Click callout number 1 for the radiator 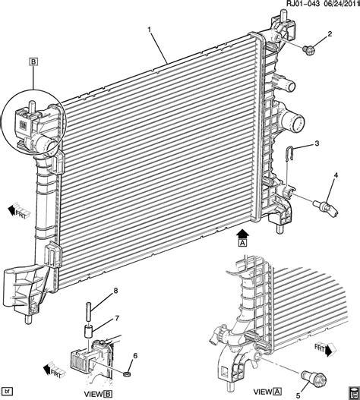150,30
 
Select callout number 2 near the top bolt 330,33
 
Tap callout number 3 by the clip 317,143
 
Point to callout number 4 336,175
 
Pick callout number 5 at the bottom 298,395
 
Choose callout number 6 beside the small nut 135,355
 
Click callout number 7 117,318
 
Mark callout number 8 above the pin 115,291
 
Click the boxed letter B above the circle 33,61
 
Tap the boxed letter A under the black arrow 243,242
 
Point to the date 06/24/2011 340,4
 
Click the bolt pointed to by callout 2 308,50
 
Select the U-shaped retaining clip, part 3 289,154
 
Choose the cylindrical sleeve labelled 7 88,331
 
